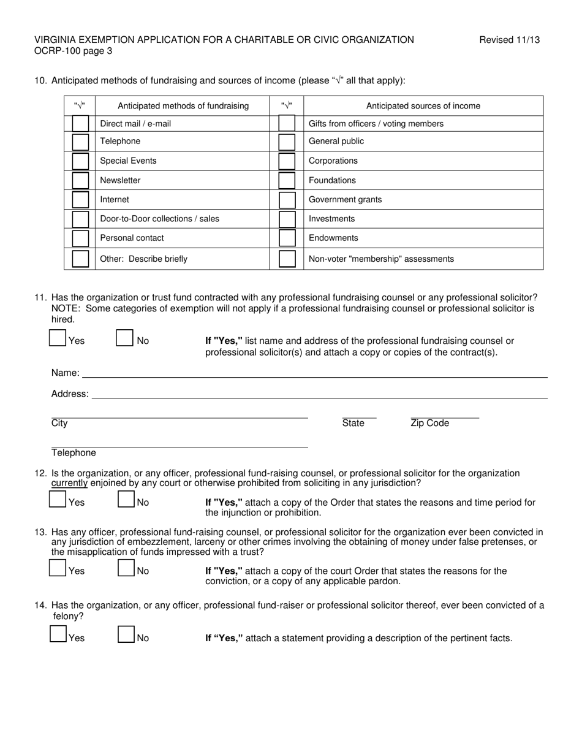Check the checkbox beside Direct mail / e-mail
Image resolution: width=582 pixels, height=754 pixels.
click(80, 124)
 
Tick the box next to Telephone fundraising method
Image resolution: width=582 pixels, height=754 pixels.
click(80, 142)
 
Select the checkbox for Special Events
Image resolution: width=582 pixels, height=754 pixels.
click(80, 161)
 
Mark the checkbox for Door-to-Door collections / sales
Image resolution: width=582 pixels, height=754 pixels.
click(80, 219)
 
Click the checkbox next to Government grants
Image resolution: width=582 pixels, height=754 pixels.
click(287, 200)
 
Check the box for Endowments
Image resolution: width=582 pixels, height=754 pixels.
click(287, 238)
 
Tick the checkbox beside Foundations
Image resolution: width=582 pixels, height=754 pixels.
click(287, 180)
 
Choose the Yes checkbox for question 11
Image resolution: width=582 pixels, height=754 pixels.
click(58, 338)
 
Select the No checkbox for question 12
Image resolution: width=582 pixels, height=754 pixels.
click(126, 500)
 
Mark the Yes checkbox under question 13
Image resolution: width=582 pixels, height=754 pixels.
click(58, 568)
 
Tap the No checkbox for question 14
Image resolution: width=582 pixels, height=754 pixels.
click(126, 634)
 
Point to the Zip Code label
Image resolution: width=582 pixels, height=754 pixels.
click(429, 424)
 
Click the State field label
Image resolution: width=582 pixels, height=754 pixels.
click(353, 424)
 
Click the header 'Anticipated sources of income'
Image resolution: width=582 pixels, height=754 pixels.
click(423, 106)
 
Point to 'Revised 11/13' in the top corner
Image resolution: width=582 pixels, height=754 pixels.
click(509, 40)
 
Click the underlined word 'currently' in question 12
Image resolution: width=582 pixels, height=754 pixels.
click(69, 483)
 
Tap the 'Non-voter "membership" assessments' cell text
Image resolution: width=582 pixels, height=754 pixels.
click(381, 259)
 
